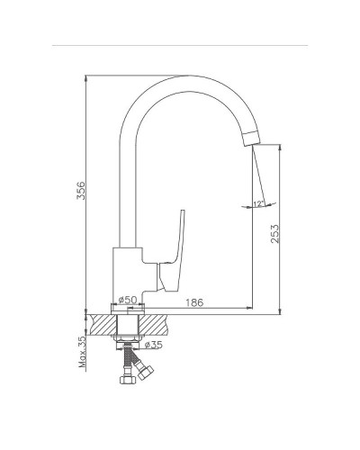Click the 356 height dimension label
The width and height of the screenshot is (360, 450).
pos(81,190)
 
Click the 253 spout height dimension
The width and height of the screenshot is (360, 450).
pos(274,234)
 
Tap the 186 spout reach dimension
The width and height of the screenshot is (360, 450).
pos(193,302)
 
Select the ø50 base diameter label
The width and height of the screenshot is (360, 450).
pos(128,300)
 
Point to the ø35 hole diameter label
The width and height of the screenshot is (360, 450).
pos(153,345)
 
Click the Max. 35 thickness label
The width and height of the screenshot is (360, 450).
pos(82,352)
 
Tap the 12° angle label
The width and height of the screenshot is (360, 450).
pos(258,203)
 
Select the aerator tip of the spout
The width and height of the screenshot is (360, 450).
pos(252,139)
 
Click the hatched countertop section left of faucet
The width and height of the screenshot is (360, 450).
pos(101,325)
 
